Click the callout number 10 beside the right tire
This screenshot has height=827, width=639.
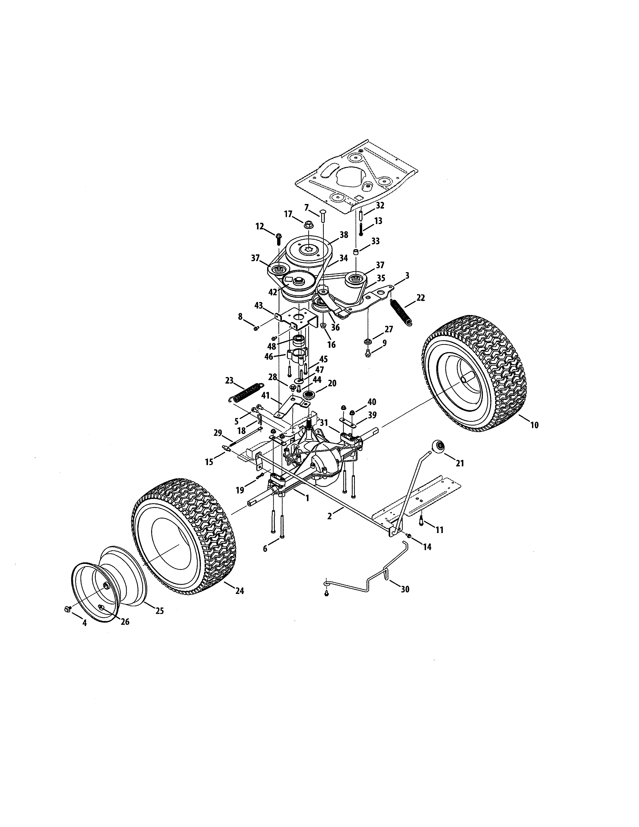[x=534, y=425]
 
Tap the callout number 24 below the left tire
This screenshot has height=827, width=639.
[x=239, y=590]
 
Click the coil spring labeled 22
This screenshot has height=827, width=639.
[x=402, y=312]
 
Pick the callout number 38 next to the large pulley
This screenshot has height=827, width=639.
[x=344, y=235]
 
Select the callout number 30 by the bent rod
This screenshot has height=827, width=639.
[x=405, y=589]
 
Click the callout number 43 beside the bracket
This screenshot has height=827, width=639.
[x=259, y=305]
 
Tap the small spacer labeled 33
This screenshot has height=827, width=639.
[x=356, y=252]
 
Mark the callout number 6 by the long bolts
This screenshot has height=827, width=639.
[x=265, y=549]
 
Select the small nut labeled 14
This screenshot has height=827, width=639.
[x=409, y=536]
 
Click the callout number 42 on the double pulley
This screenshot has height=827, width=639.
[x=273, y=292]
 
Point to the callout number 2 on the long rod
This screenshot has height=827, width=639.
[x=329, y=516]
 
